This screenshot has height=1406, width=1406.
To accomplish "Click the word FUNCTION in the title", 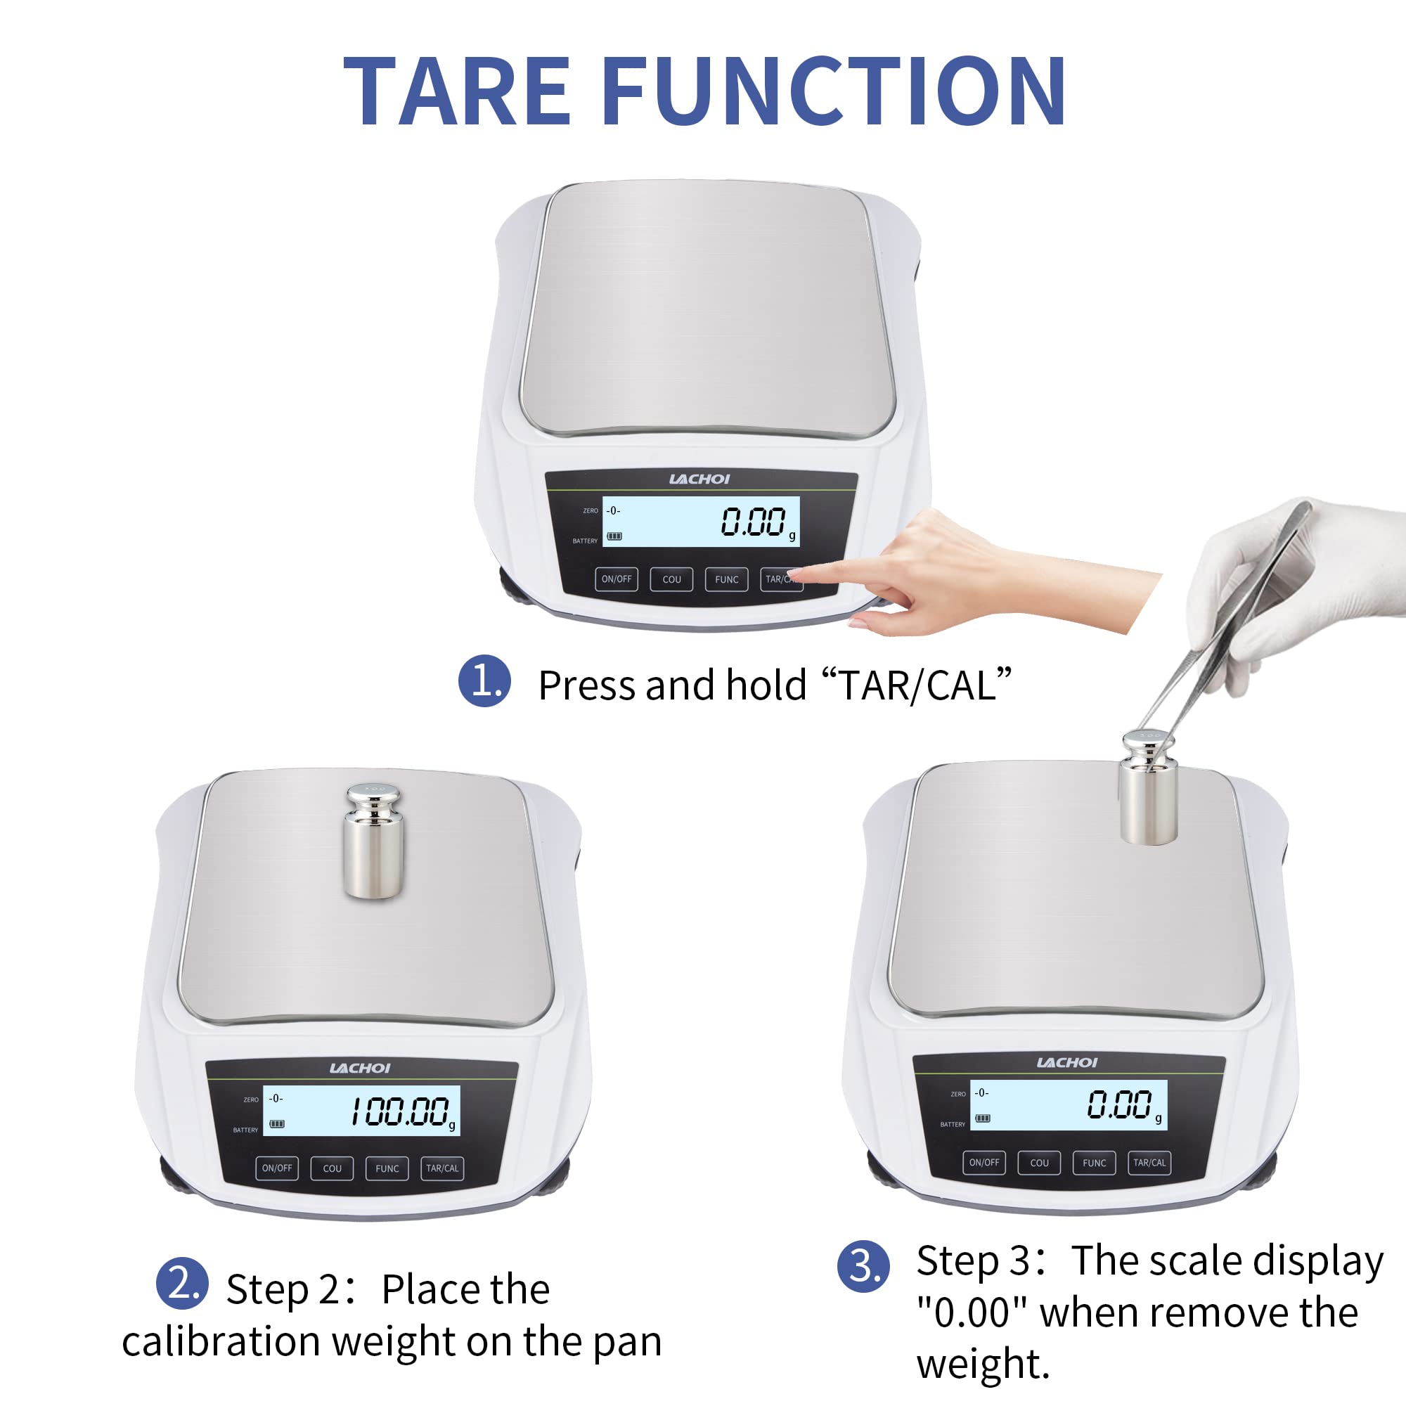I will [834, 92].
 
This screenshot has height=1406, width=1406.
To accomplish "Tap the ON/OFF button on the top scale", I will [617, 579].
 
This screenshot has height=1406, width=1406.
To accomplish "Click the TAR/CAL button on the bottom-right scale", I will [1149, 1162].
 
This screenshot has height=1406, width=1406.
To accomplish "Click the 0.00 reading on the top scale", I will [753, 522].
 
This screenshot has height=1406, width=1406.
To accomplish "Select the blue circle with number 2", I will [182, 1283].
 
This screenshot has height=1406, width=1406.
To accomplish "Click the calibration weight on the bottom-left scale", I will [373, 841].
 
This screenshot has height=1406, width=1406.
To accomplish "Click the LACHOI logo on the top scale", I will [699, 479].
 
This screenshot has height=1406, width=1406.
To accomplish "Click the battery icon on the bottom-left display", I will [276, 1123].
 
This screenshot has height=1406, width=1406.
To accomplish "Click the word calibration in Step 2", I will [220, 1342].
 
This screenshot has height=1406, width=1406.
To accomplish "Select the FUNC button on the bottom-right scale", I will [1094, 1163].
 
